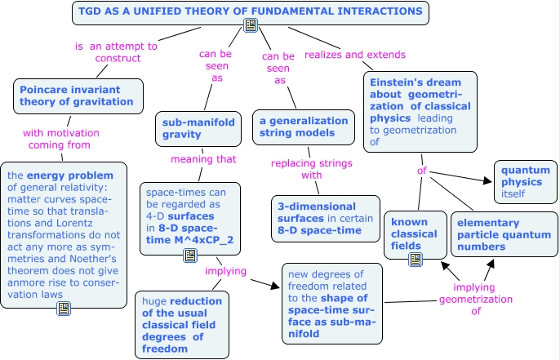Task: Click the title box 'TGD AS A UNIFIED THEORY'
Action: click(250, 11)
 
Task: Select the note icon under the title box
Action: click(251, 26)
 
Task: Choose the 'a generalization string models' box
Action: click(304, 127)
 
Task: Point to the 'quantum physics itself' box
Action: click(525, 180)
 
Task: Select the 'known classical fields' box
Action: click(416, 234)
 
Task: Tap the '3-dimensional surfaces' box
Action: click(325, 218)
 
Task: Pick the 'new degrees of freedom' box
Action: click(333, 301)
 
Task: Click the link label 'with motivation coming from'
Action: click(56, 139)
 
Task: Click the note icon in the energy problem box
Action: click(64, 308)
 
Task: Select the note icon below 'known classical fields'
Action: click(415, 260)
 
